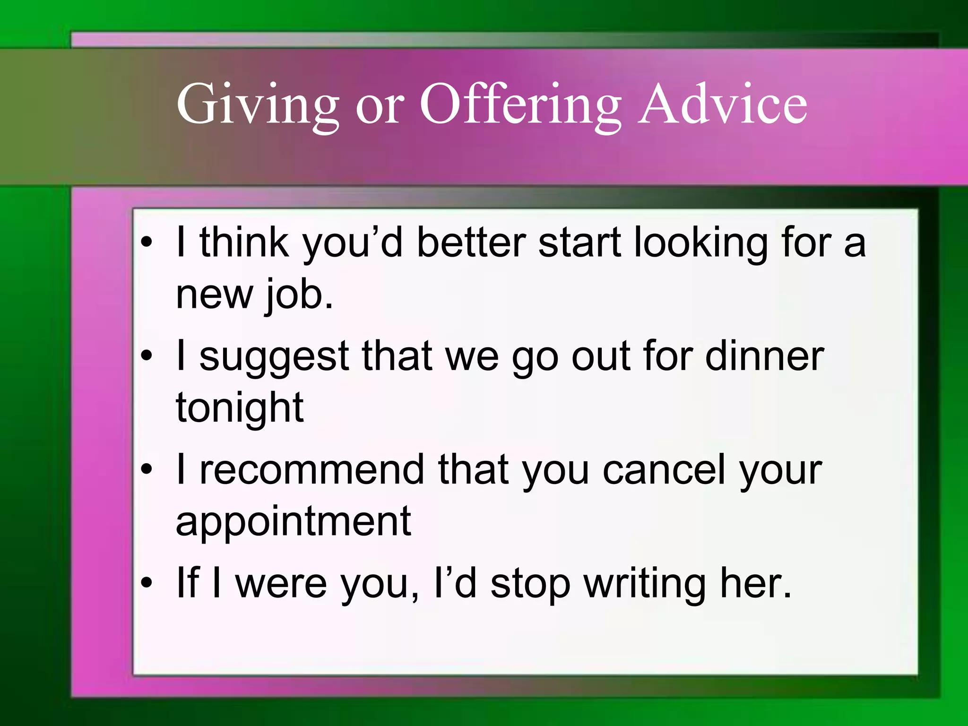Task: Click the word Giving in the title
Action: pos(258,105)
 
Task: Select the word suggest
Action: pos(274,358)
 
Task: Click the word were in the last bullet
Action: pos(281,584)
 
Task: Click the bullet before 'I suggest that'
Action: pos(147,357)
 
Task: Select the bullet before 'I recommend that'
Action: pos(147,470)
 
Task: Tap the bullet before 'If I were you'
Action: pos(147,584)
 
